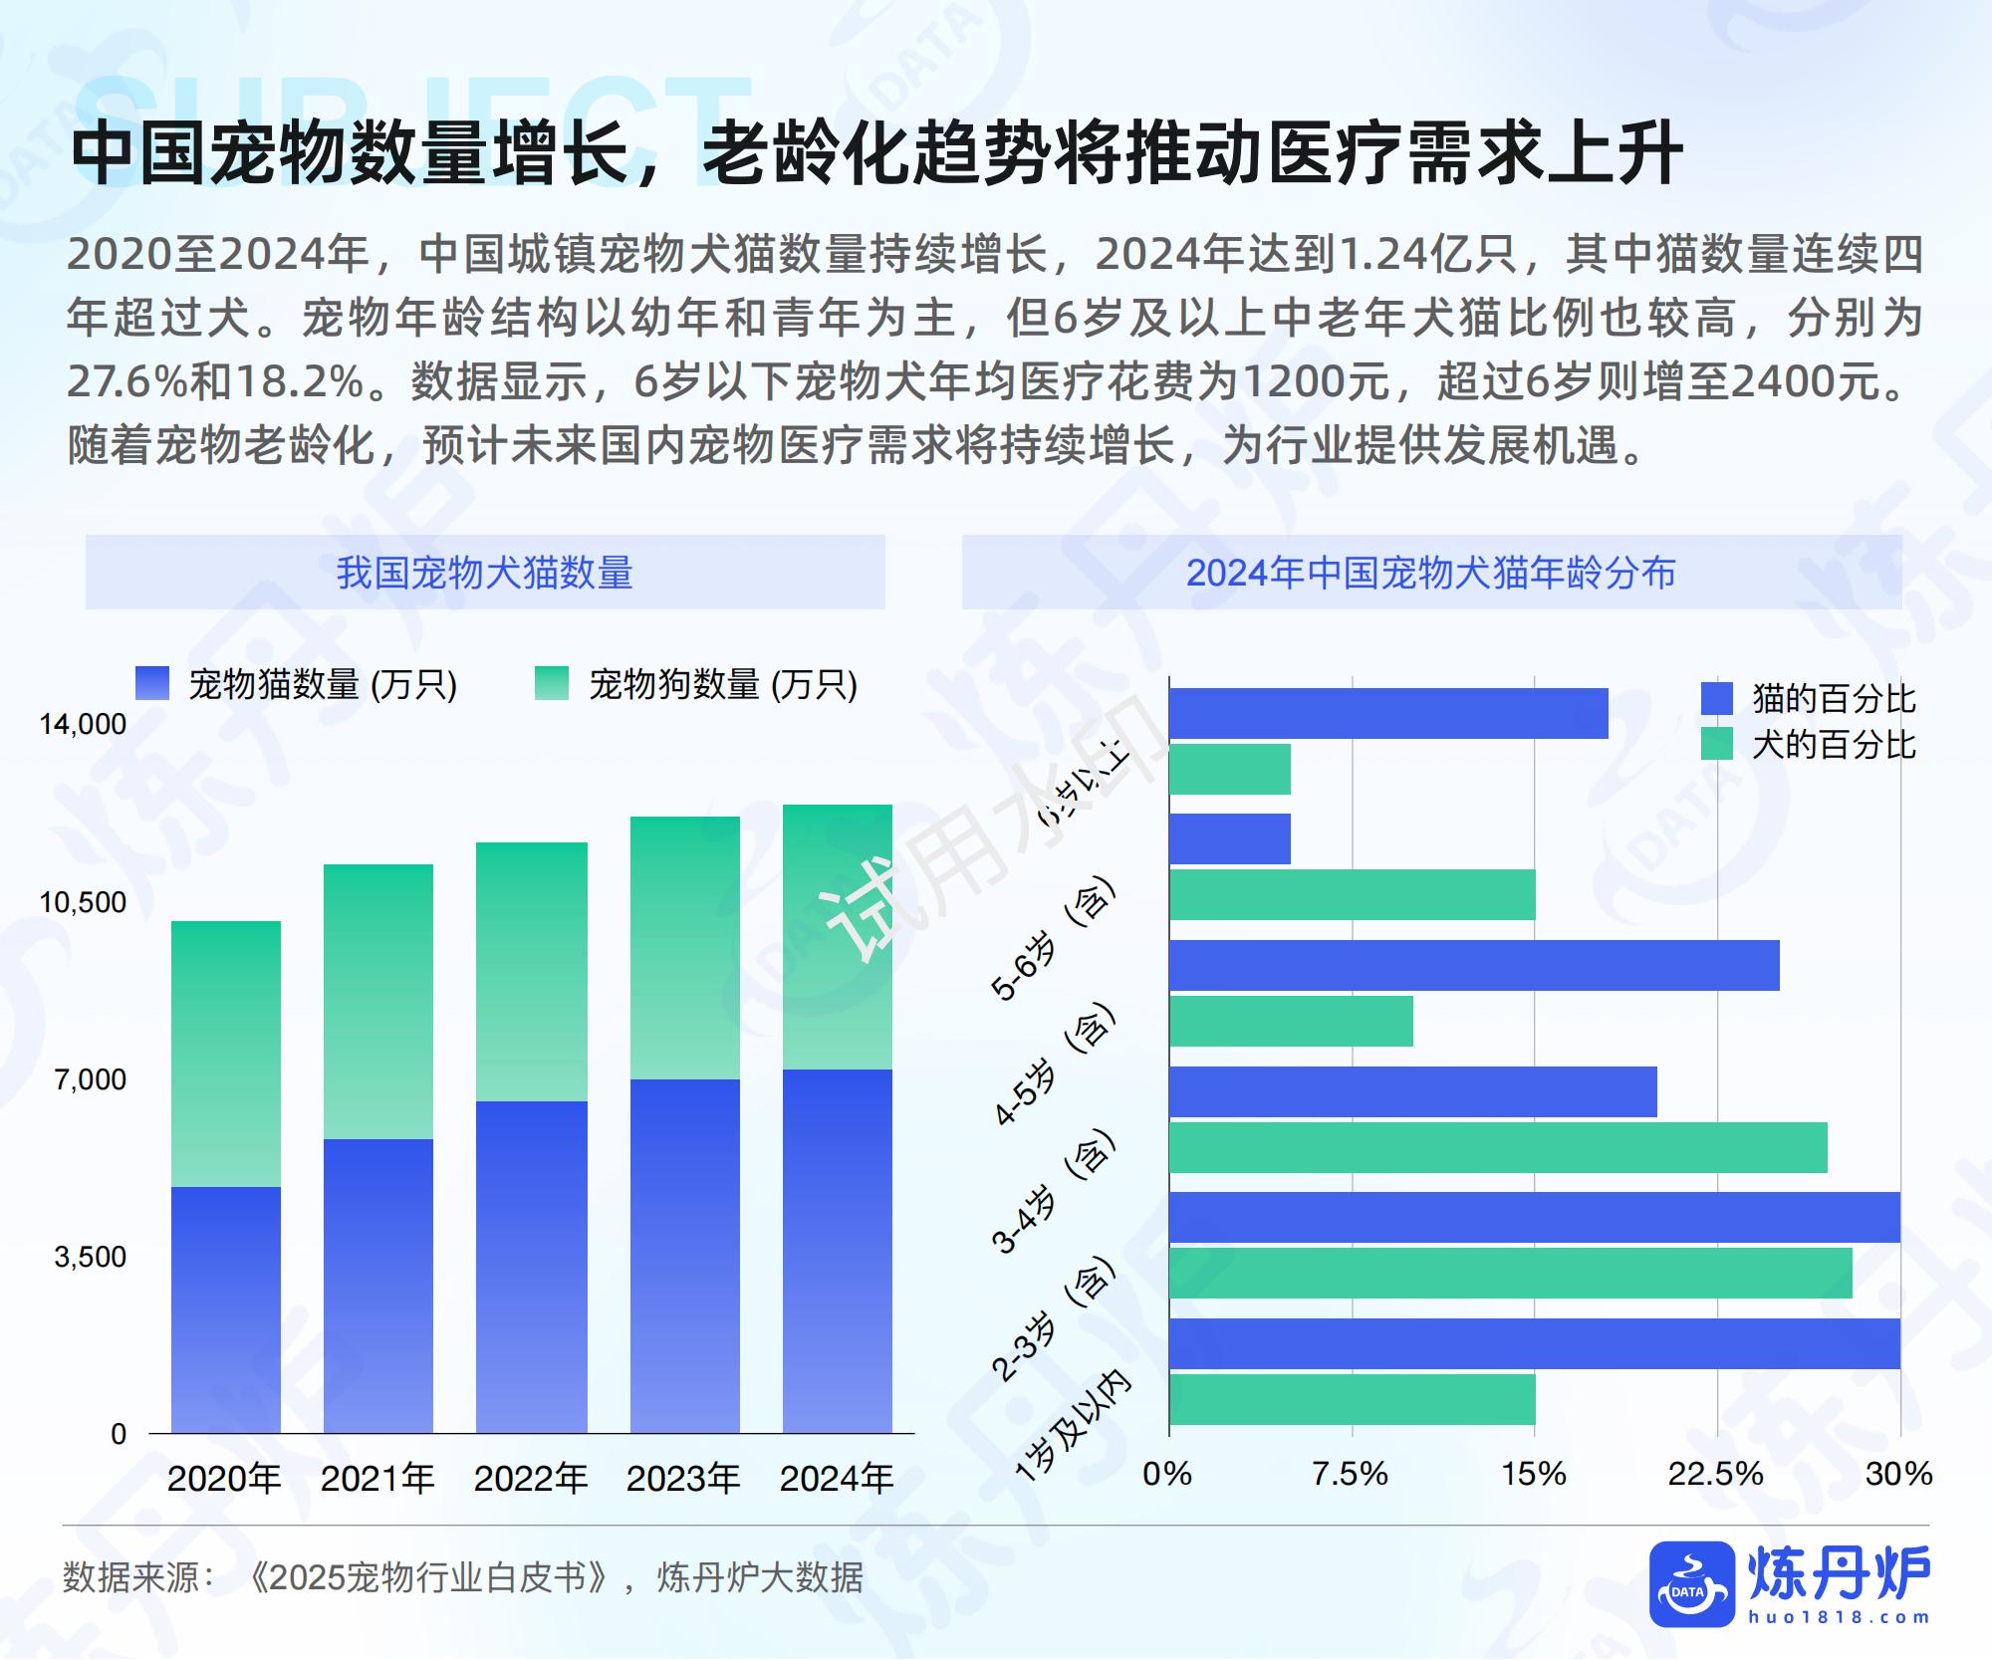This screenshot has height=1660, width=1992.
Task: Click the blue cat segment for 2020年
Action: (226, 1309)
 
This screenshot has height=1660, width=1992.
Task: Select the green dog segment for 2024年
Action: (837, 936)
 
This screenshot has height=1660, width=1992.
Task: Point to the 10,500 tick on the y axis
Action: (83, 902)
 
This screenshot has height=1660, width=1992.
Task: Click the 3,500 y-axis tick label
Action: (91, 1257)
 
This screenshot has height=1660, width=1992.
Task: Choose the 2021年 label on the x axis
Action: (377, 1479)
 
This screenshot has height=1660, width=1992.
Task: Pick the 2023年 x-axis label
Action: (683, 1479)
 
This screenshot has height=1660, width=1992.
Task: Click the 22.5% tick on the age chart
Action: (1715, 1474)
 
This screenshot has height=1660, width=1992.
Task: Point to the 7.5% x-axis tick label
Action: (1350, 1474)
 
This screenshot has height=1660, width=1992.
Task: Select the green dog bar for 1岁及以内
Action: (1352, 1399)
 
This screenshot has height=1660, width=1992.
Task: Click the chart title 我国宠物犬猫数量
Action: (485, 573)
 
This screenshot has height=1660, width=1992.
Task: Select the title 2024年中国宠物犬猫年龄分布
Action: (1431, 573)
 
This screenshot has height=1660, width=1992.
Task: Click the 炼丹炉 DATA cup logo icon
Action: (1691, 1584)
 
